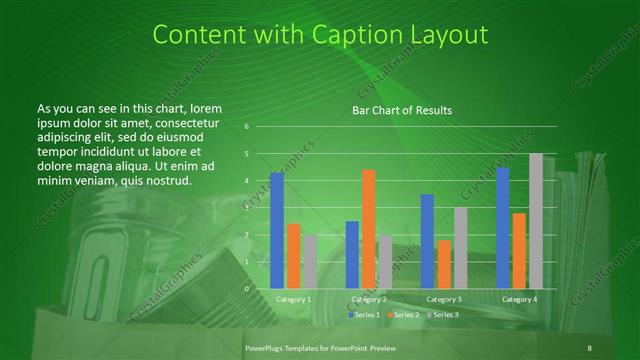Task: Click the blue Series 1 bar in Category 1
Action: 277,230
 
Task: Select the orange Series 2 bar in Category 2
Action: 369,229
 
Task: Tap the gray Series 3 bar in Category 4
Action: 536,221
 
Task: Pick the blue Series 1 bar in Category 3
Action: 427,241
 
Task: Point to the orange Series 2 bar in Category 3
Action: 444,264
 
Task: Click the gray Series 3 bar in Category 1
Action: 310,261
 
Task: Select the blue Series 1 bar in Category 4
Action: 502,228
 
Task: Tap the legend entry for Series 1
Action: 363,314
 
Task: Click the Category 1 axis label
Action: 293,299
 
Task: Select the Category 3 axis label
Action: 444,299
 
